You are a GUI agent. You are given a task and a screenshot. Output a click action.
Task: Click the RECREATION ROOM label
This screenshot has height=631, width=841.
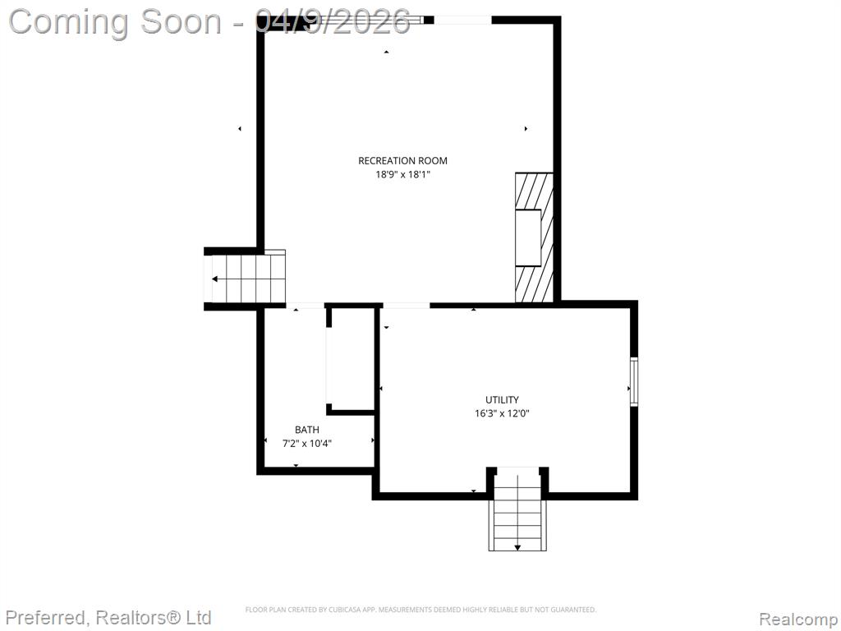click(402, 160)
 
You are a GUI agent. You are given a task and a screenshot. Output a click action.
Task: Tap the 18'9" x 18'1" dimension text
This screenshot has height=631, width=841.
click(402, 174)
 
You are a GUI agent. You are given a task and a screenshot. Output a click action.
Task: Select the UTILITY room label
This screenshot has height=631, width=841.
click(502, 400)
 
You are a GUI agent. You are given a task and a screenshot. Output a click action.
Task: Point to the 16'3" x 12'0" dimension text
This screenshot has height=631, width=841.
click(502, 414)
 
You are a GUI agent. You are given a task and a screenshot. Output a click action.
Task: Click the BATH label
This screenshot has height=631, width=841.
click(307, 430)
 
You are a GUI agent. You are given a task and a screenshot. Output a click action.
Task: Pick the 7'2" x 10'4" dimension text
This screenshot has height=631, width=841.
click(307, 444)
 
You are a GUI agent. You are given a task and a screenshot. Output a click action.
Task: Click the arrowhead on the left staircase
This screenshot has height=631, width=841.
click(215, 279)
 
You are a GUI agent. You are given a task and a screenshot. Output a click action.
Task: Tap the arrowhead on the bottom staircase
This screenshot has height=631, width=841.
click(517, 547)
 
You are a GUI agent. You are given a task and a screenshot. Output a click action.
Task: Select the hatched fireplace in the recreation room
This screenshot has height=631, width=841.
click(534, 237)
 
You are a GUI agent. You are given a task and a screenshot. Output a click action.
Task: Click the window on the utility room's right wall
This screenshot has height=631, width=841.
click(633, 381)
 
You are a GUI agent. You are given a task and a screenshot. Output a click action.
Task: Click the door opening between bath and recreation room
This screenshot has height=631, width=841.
click(306, 306)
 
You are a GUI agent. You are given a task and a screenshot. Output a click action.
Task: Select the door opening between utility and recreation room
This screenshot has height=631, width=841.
click(406, 306)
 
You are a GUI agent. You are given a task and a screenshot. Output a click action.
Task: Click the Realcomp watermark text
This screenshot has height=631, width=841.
click(799, 619)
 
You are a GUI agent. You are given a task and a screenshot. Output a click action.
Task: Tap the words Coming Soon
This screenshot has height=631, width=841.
click(115, 22)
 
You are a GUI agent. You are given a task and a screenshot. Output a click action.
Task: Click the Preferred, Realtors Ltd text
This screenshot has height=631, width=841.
click(109, 618)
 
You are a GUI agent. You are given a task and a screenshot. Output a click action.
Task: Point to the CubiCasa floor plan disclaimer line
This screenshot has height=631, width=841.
click(420, 610)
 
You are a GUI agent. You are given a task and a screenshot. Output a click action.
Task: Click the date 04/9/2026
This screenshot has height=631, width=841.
click(333, 22)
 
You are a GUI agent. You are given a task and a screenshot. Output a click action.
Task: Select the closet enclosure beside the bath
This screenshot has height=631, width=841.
click(350, 360)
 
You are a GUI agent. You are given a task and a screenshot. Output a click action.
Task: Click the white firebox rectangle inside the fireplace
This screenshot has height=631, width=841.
click(528, 237)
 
